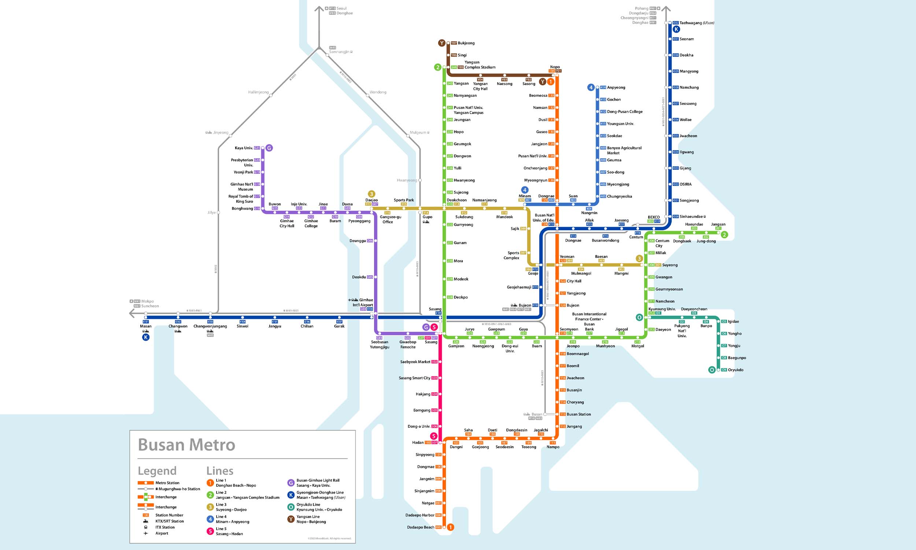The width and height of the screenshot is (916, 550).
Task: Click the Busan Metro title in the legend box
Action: [x=186, y=445]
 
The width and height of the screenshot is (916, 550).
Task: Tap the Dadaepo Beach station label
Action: [x=420, y=527]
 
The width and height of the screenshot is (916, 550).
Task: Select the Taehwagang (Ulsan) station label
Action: [x=697, y=23]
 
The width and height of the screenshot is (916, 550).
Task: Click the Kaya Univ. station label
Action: [x=244, y=148]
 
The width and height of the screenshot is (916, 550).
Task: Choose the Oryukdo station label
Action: [x=735, y=370]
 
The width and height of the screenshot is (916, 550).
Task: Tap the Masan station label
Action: [x=145, y=326]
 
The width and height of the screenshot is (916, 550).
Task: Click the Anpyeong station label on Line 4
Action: [x=616, y=88]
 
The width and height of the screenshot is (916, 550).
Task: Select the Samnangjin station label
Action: [x=339, y=52]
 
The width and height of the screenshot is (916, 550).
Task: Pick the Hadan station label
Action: [x=418, y=443]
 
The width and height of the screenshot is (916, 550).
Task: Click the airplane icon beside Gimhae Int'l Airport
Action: [x=349, y=300]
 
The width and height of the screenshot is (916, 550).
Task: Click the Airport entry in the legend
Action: [x=162, y=533]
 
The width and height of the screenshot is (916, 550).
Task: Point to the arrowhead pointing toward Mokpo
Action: [x=132, y=313]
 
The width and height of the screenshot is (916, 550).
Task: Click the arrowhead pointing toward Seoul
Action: [x=319, y=8]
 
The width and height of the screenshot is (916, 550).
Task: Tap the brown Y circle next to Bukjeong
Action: [x=442, y=43]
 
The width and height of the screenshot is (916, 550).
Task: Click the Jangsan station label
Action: [x=718, y=224]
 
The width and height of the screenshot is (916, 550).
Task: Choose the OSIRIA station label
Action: [x=685, y=184]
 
